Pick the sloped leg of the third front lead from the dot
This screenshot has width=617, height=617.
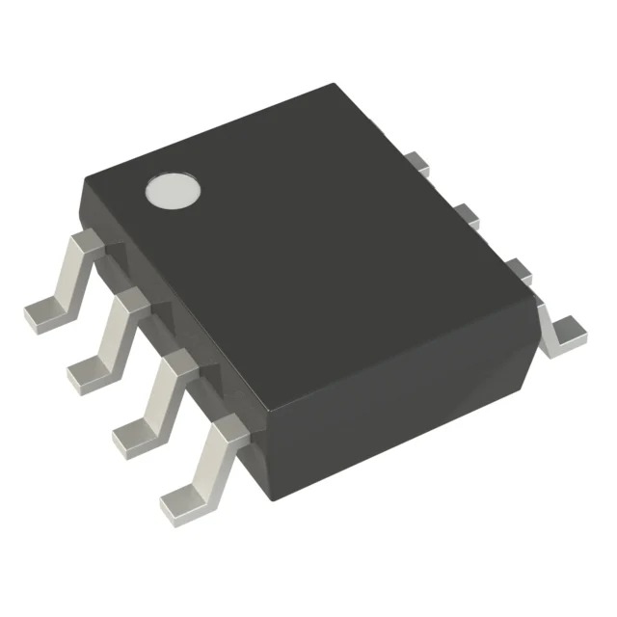[x=158, y=395]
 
